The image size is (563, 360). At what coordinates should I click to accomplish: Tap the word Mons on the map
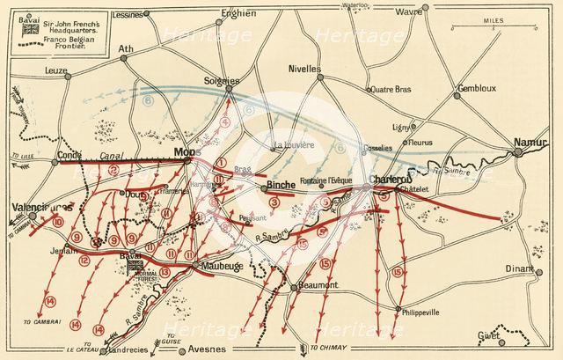(x=186, y=151)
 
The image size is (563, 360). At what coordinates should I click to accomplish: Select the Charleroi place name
(x=386, y=180)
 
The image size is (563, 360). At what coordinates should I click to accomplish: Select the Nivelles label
(x=305, y=70)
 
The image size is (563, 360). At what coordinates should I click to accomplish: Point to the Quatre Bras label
(x=393, y=88)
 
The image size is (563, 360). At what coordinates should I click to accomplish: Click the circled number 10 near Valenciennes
(x=58, y=224)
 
